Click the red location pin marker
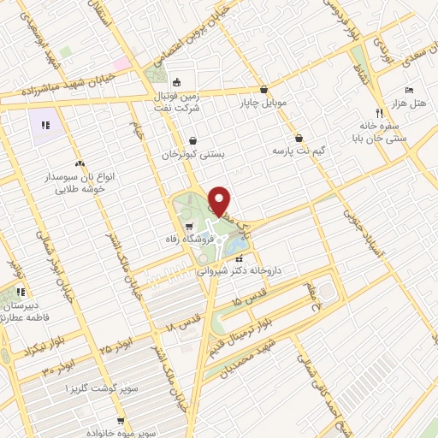click(x=220, y=200)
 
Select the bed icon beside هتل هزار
click(x=409, y=89)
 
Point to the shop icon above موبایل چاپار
click(x=263, y=90)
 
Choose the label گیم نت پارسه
click(x=299, y=151)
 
